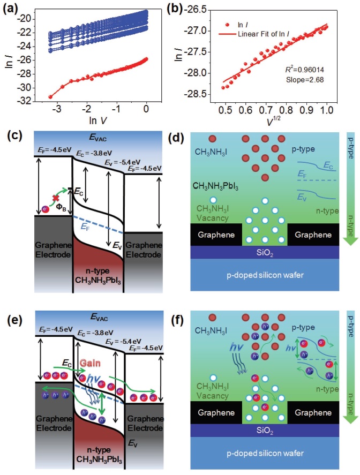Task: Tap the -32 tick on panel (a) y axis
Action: pos(33,101)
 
